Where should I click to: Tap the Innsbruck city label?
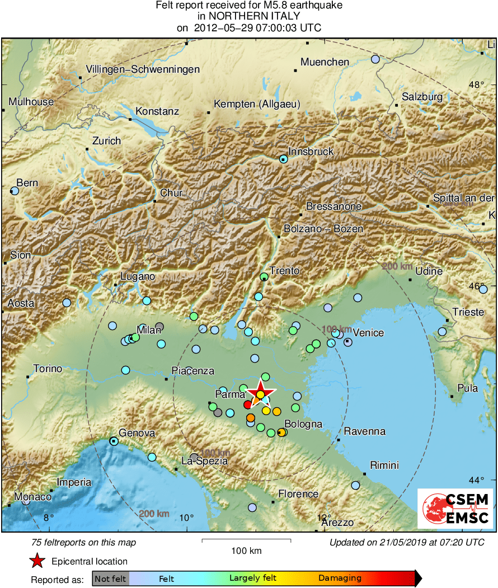click(x=311, y=151)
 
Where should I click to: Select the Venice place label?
click(x=368, y=333)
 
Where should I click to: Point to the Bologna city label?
click(x=303, y=424)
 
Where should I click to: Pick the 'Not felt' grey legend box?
click(x=110, y=578)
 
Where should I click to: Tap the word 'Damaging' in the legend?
click(x=340, y=578)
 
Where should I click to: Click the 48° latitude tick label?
click(x=477, y=85)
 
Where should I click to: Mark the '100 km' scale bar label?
click(x=246, y=551)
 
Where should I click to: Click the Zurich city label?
click(x=106, y=141)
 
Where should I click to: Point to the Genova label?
click(x=137, y=433)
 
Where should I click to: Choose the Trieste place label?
click(x=468, y=312)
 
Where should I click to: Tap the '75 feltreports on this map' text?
click(x=84, y=542)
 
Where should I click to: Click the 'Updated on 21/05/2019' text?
click(x=407, y=542)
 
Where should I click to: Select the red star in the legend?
click(x=37, y=561)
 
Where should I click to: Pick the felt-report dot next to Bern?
click(x=15, y=191)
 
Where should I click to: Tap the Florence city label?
click(x=298, y=494)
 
